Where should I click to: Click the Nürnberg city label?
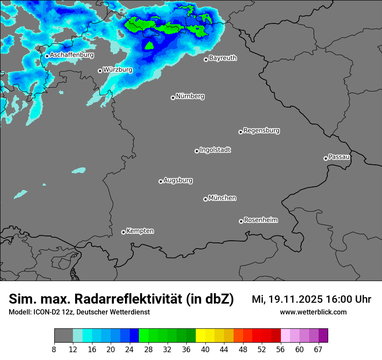coord(190,96)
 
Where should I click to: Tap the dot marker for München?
coord(205,199)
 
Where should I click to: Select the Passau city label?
coord(339,157)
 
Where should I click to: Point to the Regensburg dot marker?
coord(240,132)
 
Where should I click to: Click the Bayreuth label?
coord(223,58)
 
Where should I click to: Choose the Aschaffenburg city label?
coord(72,55)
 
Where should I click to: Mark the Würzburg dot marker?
coord(100,71)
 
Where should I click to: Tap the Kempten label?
coord(140,231)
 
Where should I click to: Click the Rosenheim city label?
coord(261,220)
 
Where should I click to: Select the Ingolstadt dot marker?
coord(197,151)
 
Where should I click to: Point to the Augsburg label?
coord(178,180)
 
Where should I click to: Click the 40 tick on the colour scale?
coord(205,349)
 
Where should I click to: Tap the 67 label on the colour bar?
coord(318,349)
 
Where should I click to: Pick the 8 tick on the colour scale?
coord(54,349)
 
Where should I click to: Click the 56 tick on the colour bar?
coord(280,349)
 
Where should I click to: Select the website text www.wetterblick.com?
coord(313,312)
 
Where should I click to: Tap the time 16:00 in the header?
coord(339,299)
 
